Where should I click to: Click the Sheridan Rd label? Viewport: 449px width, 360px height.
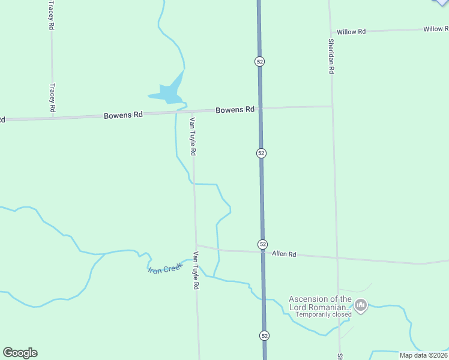(331, 56)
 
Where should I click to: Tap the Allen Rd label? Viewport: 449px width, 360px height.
(284, 254)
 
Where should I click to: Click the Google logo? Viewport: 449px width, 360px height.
(20, 353)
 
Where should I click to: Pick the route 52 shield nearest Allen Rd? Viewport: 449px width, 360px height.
(263, 244)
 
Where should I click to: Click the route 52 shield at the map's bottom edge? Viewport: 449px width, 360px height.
(264, 335)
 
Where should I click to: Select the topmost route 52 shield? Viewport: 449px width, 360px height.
(259, 61)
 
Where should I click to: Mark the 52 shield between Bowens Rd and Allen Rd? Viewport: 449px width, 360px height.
(261, 153)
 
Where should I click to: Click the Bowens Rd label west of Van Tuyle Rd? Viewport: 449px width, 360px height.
(123, 115)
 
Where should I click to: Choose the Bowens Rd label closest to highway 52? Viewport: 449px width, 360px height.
(235, 110)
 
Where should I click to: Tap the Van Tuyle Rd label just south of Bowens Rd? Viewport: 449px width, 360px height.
(193, 137)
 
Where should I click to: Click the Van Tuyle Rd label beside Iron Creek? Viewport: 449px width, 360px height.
(196, 271)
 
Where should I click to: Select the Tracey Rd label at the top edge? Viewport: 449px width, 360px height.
(52, 15)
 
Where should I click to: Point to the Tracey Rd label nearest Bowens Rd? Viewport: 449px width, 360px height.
(52, 98)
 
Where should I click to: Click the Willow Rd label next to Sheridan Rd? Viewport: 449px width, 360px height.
(351, 31)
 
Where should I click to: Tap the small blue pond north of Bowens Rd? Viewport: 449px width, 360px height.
(170, 92)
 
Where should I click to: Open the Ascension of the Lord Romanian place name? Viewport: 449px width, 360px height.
(320, 303)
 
